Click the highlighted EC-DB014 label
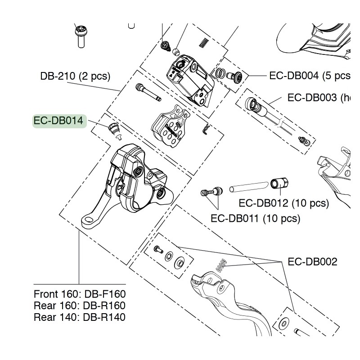[x=59, y=121]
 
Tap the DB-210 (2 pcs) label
[x=75, y=76]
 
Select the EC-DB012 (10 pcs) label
[x=283, y=203]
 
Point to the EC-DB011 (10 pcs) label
[x=255, y=219]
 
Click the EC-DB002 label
[x=312, y=261]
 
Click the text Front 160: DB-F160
[x=80, y=294]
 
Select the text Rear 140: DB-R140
[x=80, y=317]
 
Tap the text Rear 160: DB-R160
[x=80, y=306]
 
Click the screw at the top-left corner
[x=80, y=36]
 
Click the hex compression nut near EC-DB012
[x=279, y=184]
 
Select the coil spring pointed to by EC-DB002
[x=220, y=266]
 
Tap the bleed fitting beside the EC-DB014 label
[x=114, y=129]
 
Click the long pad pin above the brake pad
[x=148, y=92]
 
